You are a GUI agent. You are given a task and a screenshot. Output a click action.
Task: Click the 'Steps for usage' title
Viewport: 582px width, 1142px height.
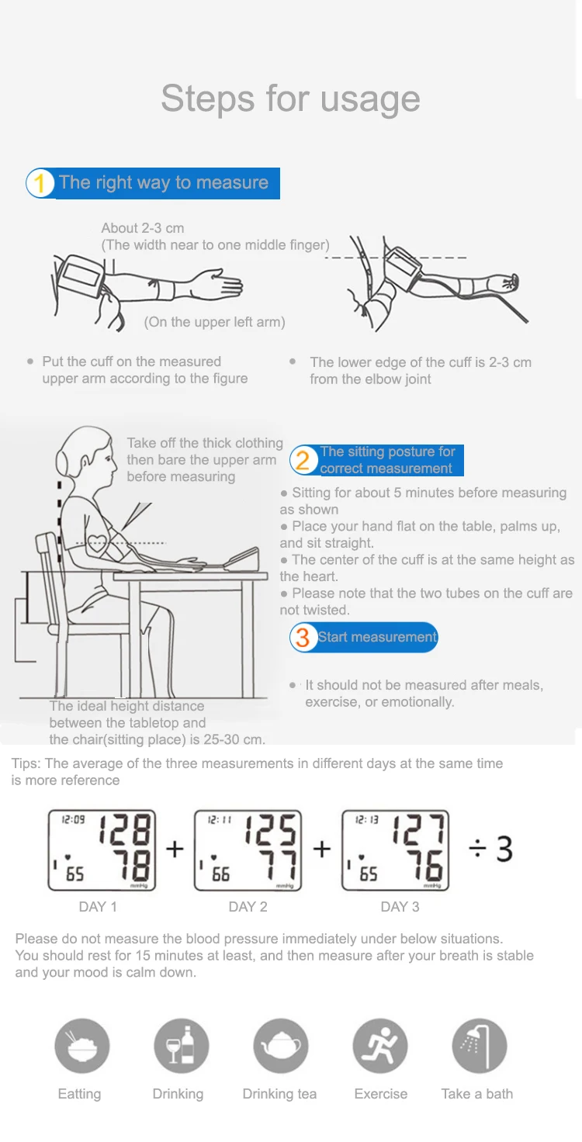click(x=291, y=99)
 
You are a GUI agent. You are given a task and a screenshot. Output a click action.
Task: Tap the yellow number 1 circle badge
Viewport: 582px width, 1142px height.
click(x=40, y=183)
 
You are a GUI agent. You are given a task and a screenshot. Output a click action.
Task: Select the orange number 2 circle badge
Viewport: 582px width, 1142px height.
click(x=303, y=460)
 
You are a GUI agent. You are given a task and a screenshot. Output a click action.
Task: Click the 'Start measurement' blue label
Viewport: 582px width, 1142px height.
click(x=364, y=637)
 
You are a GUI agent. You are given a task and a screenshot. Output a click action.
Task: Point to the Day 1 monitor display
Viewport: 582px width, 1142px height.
click(x=102, y=850)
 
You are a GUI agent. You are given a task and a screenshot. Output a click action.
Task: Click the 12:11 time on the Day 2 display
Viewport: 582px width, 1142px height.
click(x=220, y=820)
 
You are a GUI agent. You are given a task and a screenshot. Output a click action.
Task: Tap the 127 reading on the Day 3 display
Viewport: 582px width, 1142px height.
click(x=419, y=829)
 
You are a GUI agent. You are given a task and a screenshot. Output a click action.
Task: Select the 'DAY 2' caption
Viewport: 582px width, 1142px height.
click(x=248, y=907)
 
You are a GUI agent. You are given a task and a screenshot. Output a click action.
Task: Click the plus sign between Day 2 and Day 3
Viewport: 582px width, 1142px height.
click(x=322, y=849)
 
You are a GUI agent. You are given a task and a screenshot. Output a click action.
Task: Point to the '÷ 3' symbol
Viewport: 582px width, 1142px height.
click(x=490, y=849)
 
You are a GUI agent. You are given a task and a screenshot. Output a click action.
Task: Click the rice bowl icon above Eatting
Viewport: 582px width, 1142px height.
click(x=82, y=1046)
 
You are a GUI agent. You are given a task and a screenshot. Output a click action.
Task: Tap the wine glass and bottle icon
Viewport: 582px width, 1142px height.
click(x=182, y=1046)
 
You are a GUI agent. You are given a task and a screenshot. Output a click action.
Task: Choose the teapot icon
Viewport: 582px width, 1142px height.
click(x=281, y=1046)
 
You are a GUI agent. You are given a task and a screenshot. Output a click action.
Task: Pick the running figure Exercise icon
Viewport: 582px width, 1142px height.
click(x=380, y=1046)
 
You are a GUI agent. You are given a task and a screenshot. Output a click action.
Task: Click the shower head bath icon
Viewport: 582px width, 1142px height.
click(x=480, y=1046)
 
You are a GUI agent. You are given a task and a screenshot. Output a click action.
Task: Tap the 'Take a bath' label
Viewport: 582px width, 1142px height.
click(x=477, y=1094)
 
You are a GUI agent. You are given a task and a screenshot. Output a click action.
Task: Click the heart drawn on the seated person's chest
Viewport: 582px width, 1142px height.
click(x=97, y=543)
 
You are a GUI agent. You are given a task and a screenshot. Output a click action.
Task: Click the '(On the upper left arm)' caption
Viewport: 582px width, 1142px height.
click(x=214, y=322)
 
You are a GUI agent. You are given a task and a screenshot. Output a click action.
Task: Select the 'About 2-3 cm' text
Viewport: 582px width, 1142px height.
click(x=142, y=228)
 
